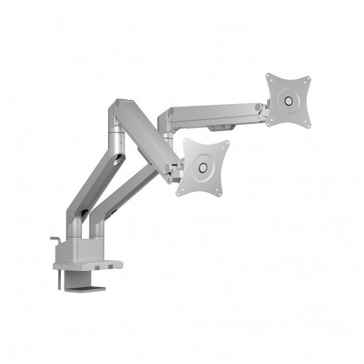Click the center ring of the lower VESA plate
(x=203, y=168)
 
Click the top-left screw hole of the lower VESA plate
(x=188, y=145)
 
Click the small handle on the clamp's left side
(x=52, y=240)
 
